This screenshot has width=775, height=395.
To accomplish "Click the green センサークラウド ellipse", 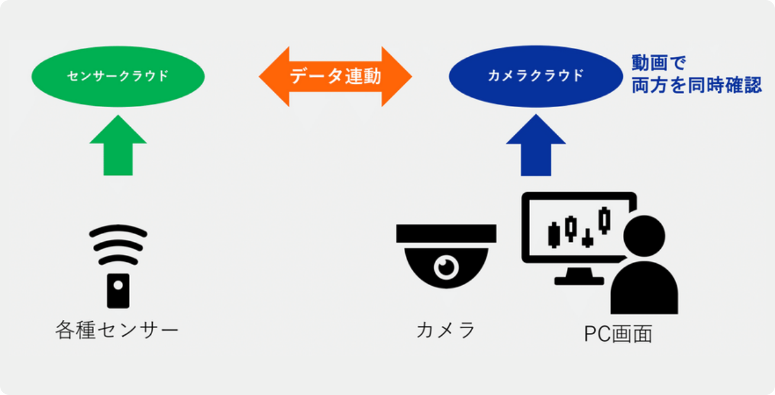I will (x=118, y=76).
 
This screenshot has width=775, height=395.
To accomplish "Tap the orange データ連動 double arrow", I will (x=335, y=76).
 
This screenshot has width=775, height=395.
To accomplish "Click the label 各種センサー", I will (x=117, y=329).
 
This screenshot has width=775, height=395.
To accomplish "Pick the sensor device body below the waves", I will (x=118, y=290).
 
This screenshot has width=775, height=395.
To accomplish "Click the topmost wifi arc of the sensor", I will (x=118, y=231).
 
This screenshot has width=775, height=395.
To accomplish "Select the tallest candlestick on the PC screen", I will (x=604, y=220).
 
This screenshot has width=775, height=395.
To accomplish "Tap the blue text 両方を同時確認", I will (x=696, y=86).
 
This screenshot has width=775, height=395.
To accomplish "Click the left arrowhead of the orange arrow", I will (x=273, y=77).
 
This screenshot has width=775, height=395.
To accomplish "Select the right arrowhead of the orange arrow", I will (x=396, y=77).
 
